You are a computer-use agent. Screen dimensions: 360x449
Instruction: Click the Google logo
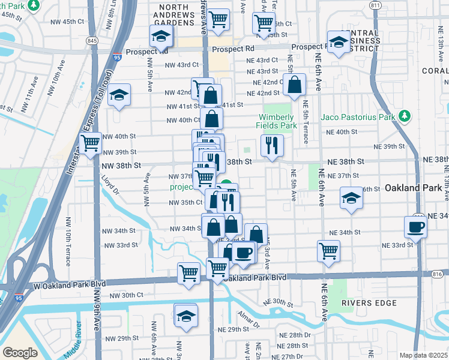pyautogui.click(x=20, y=353)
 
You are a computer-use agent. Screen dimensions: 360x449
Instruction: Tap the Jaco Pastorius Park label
pyautogui.click(x=358, y=116)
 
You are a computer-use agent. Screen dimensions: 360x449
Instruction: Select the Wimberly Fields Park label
pyautogui.click(x=277, y=121)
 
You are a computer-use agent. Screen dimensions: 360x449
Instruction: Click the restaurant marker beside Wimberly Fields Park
pyautogui.click(x=272, y=145)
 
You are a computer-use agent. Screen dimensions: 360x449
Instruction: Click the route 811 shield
pyautogui.click(x=376, y=5)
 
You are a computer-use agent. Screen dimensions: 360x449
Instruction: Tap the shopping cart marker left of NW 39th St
pyautogui.click(x=90, y=144)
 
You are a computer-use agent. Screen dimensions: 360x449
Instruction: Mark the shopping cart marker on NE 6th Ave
pyautogui.click(x=328, y=251)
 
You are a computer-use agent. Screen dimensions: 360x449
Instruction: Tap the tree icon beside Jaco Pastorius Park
pyautogui.click(x=405, y=116)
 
